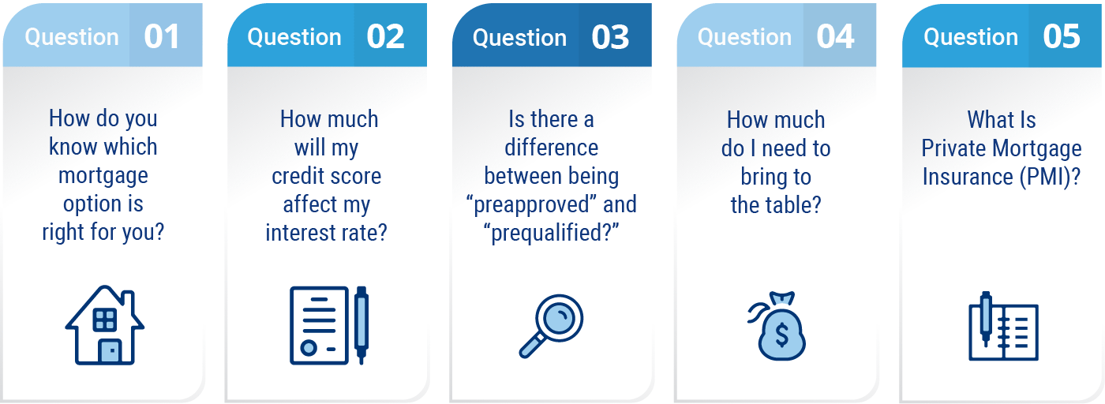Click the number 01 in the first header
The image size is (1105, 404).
[x=161, y=36]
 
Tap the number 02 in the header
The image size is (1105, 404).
[x=385, y=36]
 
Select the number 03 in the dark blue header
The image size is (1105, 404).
[x=610, y=38]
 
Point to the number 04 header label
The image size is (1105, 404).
[x=835, y=36]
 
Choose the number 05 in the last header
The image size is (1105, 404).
[x=1061, y=36]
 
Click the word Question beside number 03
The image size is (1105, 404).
[x=519, y=38]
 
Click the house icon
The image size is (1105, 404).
[x=104, y=325]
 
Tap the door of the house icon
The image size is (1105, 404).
[x=110, y=350]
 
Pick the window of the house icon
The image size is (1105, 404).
[x=104, y=320]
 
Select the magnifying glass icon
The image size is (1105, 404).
[x=551, y=326]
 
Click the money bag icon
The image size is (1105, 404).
[x=777, y=326]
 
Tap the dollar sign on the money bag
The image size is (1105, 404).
[x=782, y=335]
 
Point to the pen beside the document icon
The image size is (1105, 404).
[x=361, y=325]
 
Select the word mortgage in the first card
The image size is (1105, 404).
[x=103, y=176]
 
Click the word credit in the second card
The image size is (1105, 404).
[x=297, y=176]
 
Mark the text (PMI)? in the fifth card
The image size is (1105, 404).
[x=1051, y=177]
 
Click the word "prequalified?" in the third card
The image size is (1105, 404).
[x=551, y=234]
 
